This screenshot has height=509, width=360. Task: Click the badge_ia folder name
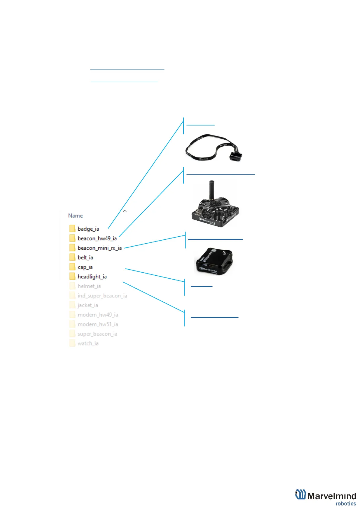click(x=88, y=229)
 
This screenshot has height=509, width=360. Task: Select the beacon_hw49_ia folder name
click(x=97, y=238)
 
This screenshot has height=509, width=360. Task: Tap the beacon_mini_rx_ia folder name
click(x=99, y=248)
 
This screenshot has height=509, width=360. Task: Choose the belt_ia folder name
click(x=85, y=258)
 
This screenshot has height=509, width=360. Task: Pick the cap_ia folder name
click(x=85, y=267)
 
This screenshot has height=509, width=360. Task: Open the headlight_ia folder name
click(x=92, y=277)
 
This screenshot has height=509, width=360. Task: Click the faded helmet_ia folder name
click(x=89, y=286)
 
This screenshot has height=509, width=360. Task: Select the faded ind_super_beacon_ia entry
click(x=102, y=296)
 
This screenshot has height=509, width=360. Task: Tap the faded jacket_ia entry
click(x=88, y=305)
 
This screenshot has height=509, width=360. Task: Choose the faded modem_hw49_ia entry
click(x=98, y=315)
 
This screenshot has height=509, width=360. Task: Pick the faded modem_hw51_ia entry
click(x=98, y=324)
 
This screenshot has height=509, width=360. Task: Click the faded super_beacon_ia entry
click(x=97, y=334)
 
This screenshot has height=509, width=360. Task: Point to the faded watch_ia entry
click(x=88, y=343)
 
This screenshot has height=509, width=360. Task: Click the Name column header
click(x=75, y=216)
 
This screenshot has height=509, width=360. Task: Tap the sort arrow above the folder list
click(x=125, y=211)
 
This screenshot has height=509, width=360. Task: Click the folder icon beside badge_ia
click(x=72, y=229)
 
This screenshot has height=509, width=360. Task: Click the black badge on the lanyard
click(x=235, y=156)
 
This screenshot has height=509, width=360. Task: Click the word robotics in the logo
click(x=345, y=504)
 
